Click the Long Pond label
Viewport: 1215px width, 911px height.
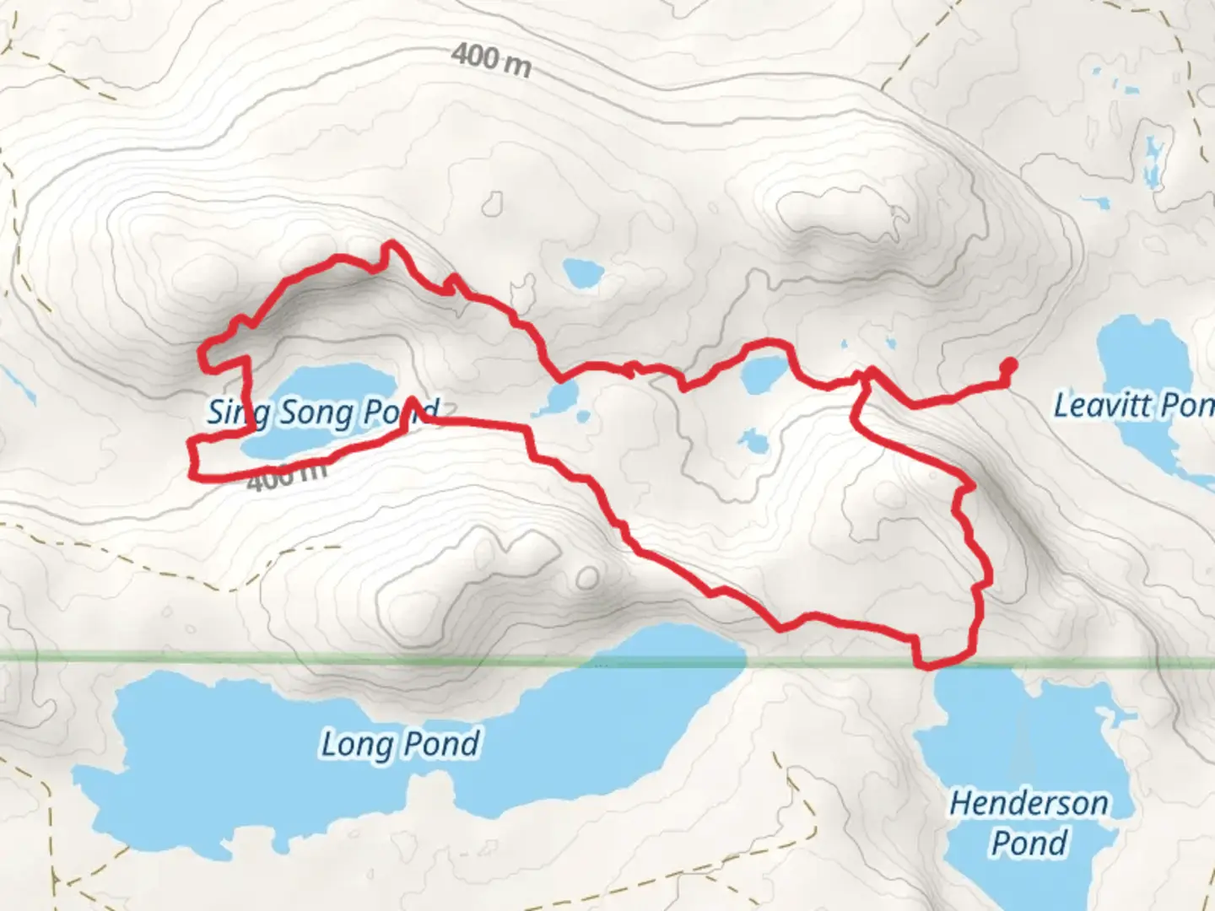[x=400, y=745]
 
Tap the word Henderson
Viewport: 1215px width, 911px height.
[x=1029, y=803]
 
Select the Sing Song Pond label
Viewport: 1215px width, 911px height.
[x=323, y=412]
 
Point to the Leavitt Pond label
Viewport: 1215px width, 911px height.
[x=1133, y=406]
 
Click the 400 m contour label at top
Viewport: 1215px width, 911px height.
[x=491, y=60]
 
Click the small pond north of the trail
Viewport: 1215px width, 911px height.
[x=583, y=272]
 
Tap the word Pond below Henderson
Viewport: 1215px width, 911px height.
[x=1029, y=843]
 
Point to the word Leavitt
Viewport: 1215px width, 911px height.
[x=1094, y=406]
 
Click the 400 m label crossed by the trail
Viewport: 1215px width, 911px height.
[x=287, y=478]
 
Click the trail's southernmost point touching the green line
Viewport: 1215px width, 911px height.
[x=928, y=666]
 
